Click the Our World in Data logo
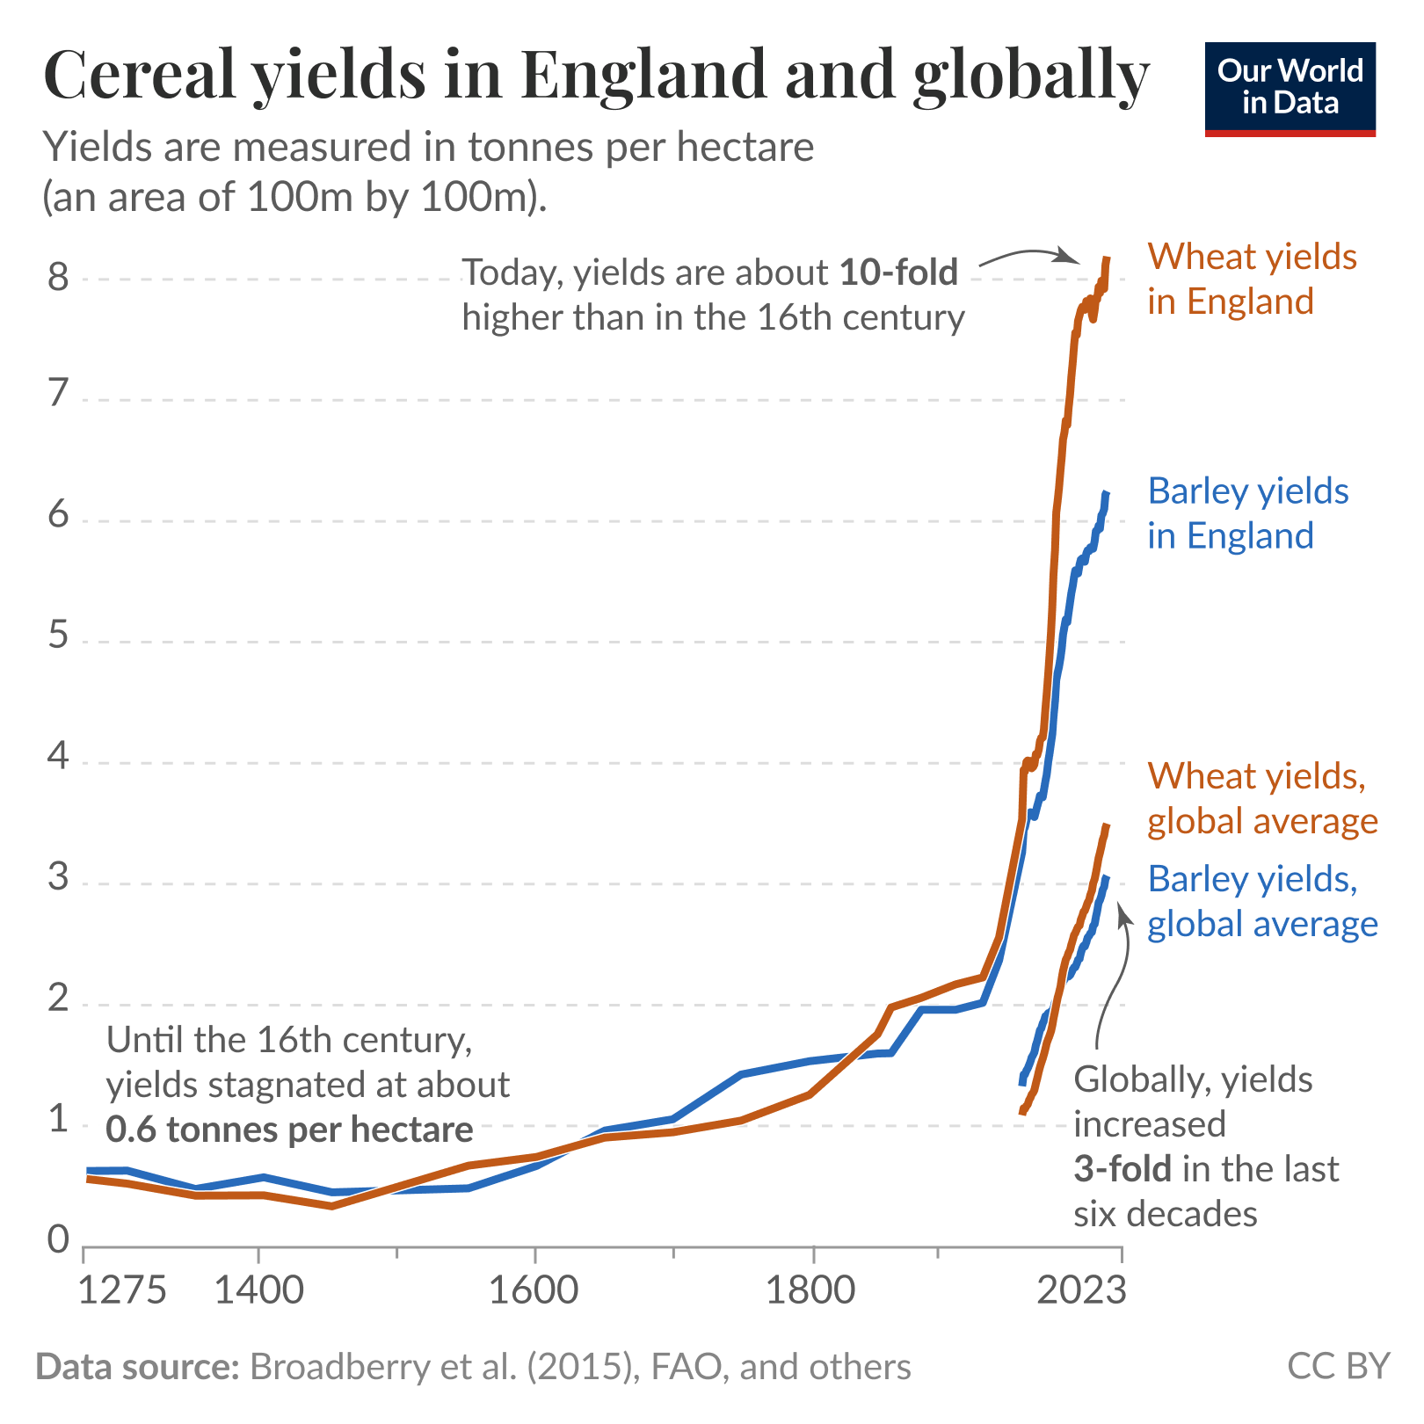point(1290,89)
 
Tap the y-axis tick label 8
point(58,278)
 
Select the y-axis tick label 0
point(58,1239)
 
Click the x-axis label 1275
point(122,1290)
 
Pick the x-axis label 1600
point(534,1290)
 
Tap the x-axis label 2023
point(1080,1290)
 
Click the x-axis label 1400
point(258,1290)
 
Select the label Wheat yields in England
point(1252,279)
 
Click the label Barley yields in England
point(1247,513)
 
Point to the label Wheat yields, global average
point(1262,798)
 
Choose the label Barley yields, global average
point(1262,901)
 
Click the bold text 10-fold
point(898,272)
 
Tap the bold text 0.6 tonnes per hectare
point(289,1130)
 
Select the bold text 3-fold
point(1122,1169)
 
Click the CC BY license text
point(1338,1367)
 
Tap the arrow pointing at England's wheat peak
point(1028,256)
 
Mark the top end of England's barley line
point(1107,494)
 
